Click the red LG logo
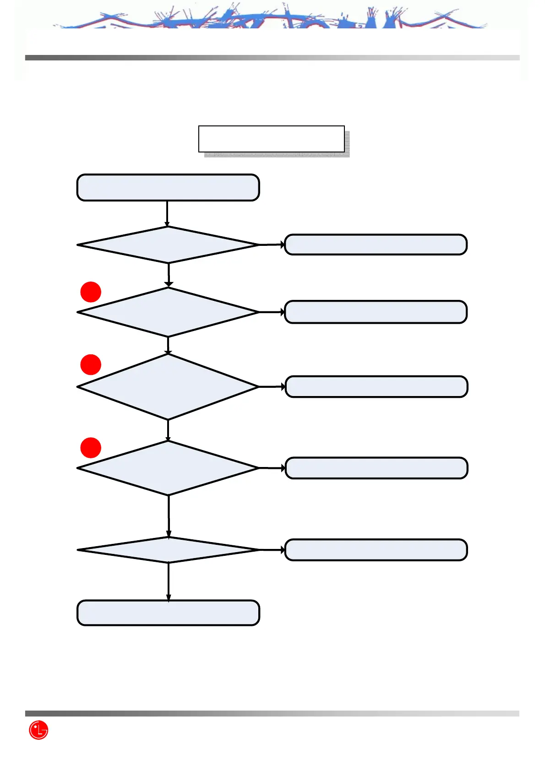(38, 730)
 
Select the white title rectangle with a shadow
(271, 139)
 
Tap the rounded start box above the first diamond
(168, 187)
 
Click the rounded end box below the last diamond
(168, 613)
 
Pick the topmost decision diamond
(168, 245)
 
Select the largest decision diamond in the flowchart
(168, 387)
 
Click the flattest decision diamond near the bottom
(168, 550)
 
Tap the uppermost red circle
(91, 292)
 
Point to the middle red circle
(91, 364)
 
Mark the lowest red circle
(91, 448)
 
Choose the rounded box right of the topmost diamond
(376, 244)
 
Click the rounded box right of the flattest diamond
(376, 550)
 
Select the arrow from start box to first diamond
(167, 214)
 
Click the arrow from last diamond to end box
(169, 581)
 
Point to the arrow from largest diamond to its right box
(272, 387)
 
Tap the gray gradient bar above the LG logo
(272, 713)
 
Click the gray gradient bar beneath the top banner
(272, 58)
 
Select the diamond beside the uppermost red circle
(168, 312)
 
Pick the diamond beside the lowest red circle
(168, 468)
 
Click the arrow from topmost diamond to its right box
(272, 245)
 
